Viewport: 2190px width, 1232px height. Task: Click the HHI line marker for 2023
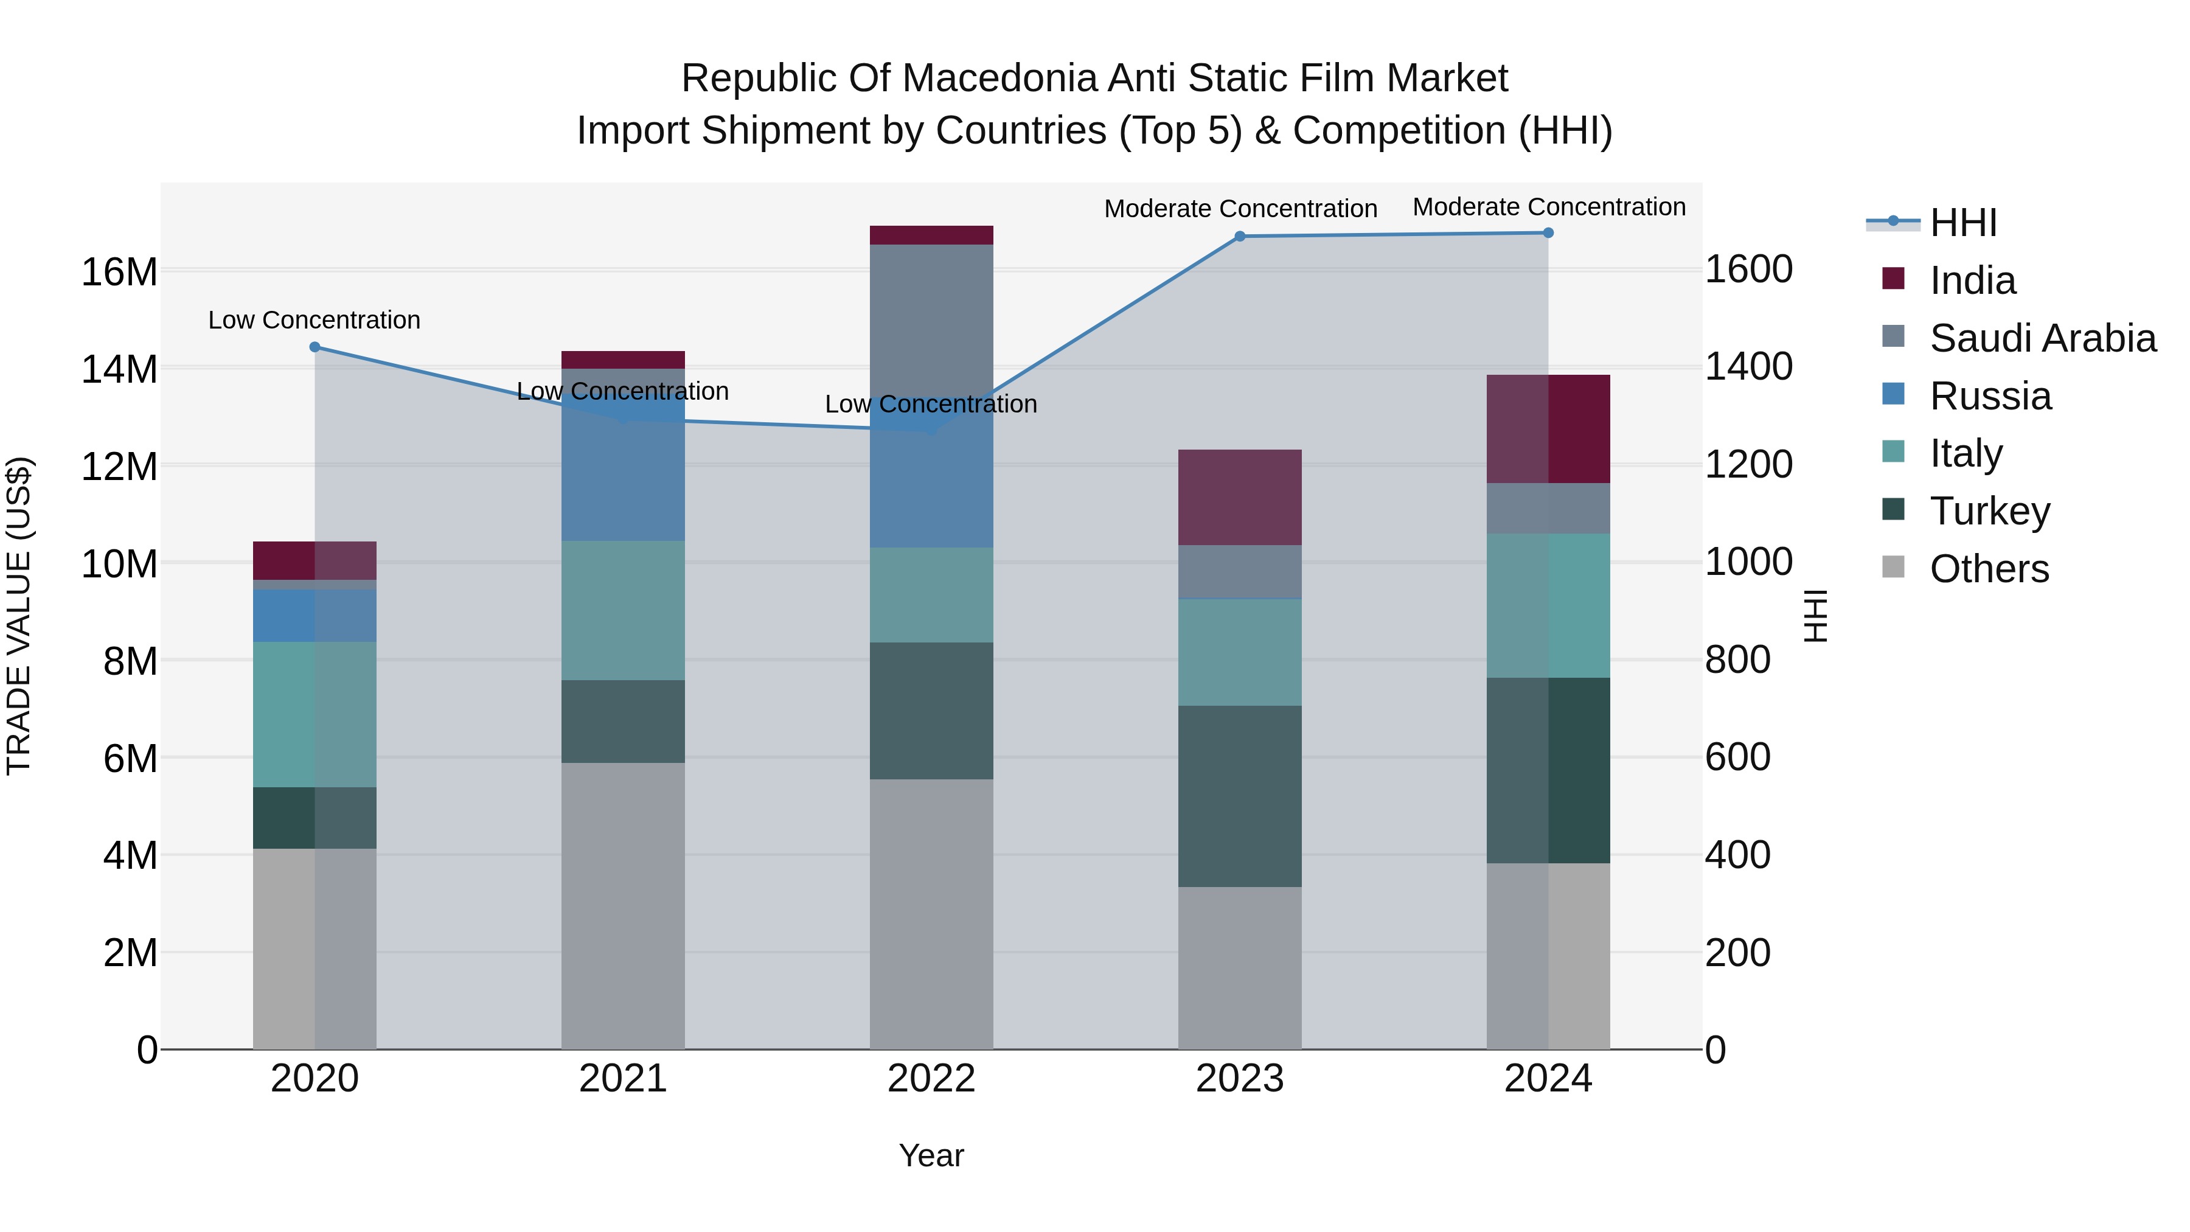click(1240, 237)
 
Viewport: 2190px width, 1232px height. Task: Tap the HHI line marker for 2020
click(315, 347)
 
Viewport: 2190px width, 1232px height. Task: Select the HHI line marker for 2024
click(1548, 233)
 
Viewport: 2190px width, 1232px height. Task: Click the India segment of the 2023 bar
click(1240, 498)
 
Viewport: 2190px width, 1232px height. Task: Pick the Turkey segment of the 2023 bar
click(1240, 796)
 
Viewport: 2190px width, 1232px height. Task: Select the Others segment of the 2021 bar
click(623, 905)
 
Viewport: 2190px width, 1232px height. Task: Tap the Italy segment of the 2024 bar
click(1548, 605)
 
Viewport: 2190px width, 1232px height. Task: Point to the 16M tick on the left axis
click(119, 272)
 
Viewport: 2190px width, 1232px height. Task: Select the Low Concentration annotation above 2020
click(315, 321)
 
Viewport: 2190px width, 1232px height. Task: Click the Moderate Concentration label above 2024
click(1549, 207)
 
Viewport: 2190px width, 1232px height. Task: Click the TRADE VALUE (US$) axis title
click(19, 616)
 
